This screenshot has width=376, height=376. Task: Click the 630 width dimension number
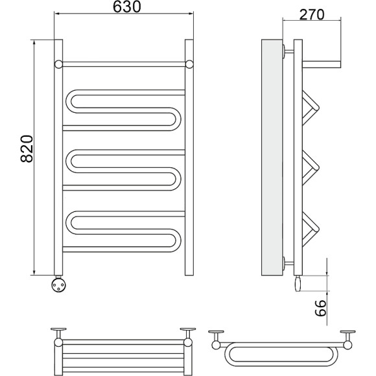(127, 7)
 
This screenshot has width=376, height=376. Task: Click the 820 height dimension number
(27, 149)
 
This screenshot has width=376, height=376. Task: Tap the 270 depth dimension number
(312, 14)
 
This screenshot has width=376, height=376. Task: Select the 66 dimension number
(321, 308)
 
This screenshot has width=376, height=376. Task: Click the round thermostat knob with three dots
(59, 284)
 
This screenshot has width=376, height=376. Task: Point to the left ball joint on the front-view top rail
(58, 65)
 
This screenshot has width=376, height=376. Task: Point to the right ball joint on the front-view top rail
(189, 65)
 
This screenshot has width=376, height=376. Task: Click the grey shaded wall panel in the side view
(272, 158)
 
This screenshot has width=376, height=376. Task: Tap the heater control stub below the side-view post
(298, 283)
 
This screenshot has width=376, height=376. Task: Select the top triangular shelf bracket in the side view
(311, 108)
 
